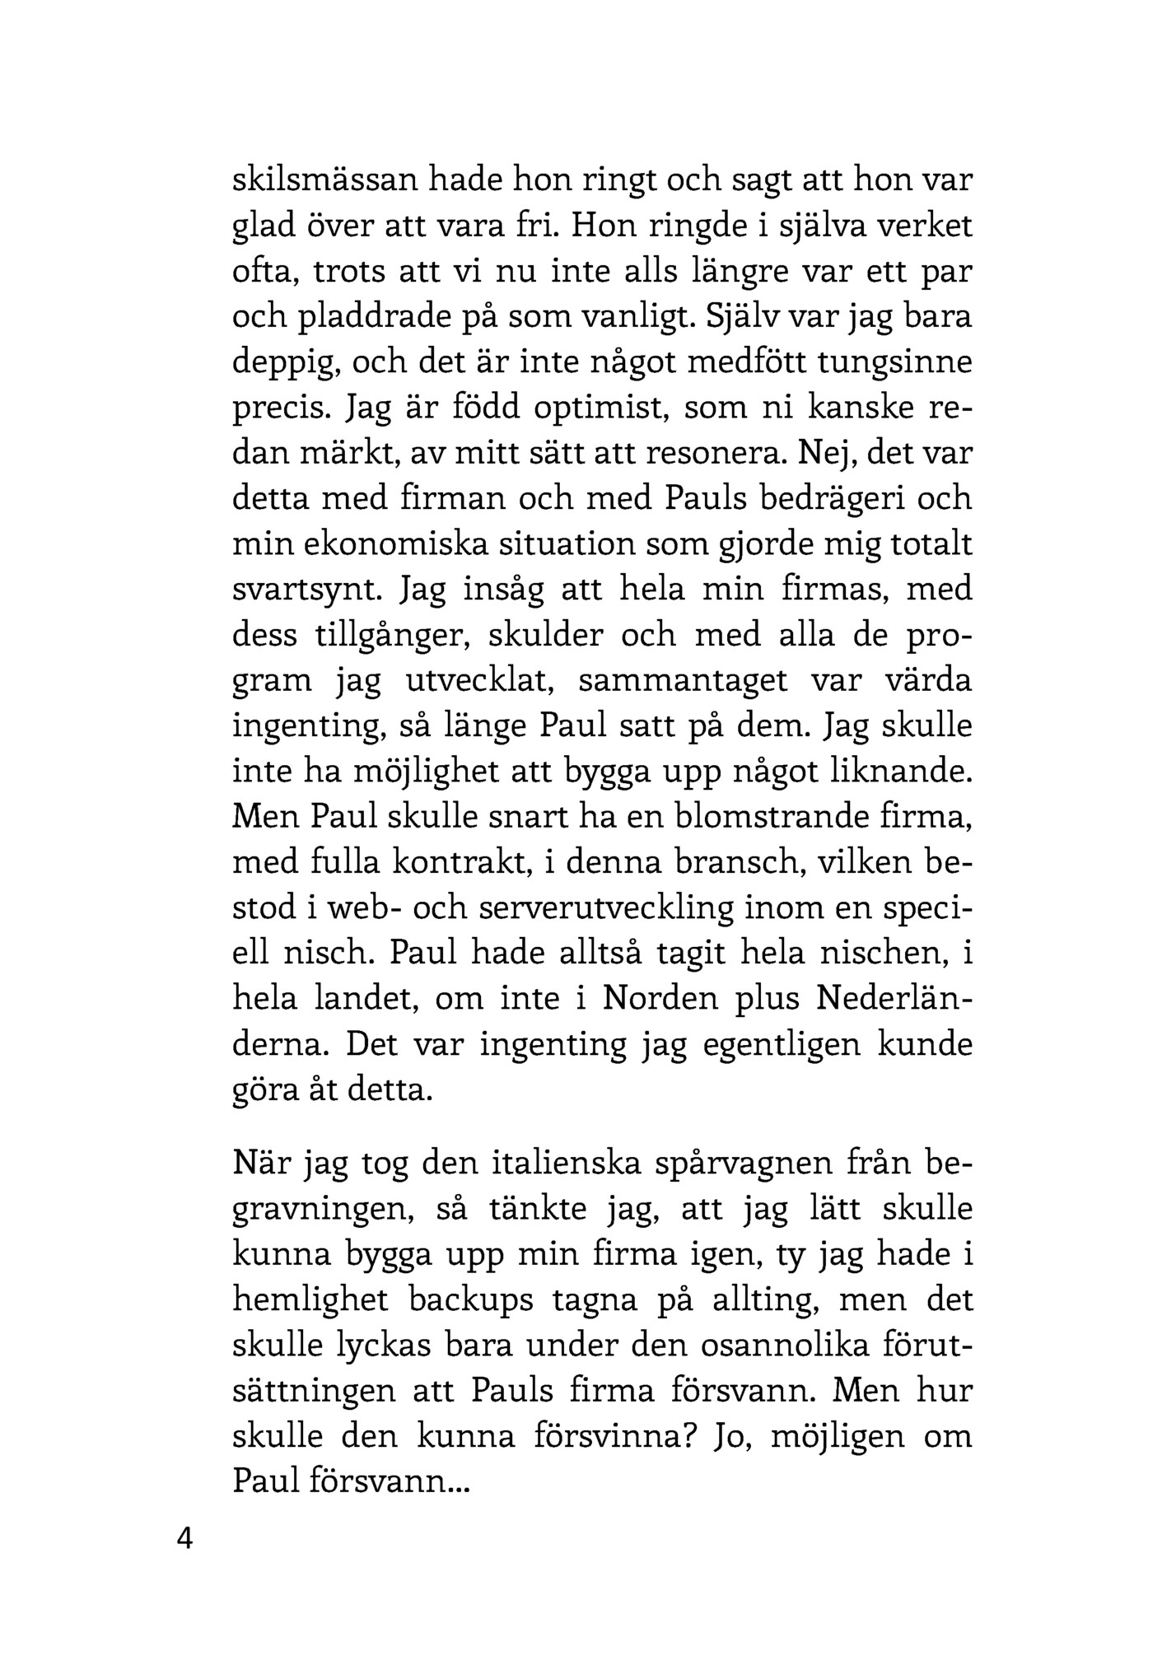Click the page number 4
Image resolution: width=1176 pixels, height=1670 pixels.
coord(184,1537)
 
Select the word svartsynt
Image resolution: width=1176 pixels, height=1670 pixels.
coord(309,590)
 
